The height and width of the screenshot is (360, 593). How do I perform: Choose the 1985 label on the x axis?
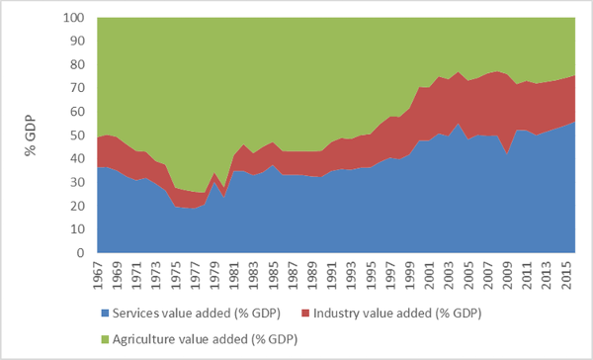pyautogui.click(x=273, y=273)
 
